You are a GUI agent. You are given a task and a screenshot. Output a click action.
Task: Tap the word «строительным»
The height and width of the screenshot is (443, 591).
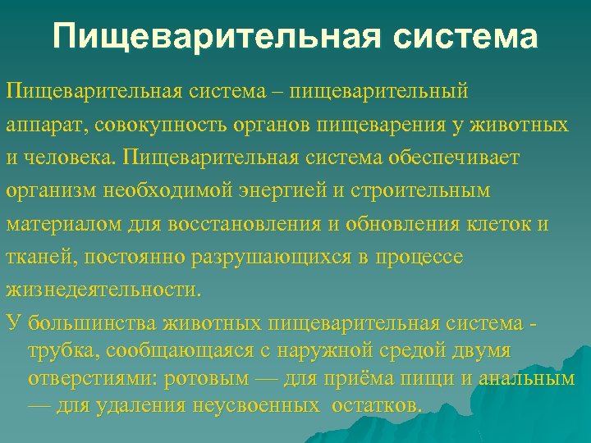click(x=419, y=190)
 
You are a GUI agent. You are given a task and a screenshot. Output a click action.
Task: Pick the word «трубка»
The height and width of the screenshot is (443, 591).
click(x=58, y=351)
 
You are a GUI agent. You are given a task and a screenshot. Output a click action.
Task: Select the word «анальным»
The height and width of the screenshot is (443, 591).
click(x=525, y=379)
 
